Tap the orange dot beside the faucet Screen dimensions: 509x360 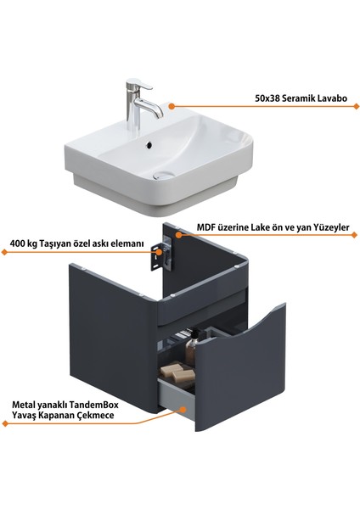(170, 106)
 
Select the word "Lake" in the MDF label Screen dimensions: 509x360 (273, 228)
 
